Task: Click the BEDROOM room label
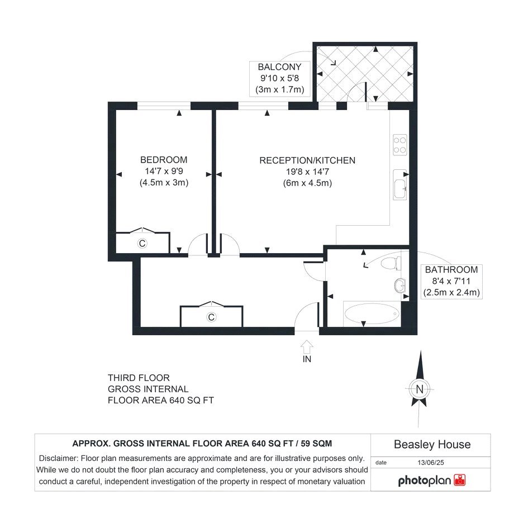point(164,160)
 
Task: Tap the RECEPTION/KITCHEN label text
point(307,160)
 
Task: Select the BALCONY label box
point(279,78)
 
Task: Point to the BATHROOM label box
point(451,281)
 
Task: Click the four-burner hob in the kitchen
point(400,145)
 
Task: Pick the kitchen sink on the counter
point(401,184)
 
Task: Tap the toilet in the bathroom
point(391,263)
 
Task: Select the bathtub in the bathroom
point(372,314)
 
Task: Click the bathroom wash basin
point(399,286)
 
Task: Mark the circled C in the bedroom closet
point(142,243)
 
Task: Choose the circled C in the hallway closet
point(211,317)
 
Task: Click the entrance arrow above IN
point(307,346)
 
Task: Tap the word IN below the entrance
point(307,359)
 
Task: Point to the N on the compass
point(420,389)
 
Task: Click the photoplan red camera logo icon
point(460,480)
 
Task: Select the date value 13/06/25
point(431,463)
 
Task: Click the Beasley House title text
point(432,445)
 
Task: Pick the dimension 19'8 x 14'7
point(307,172)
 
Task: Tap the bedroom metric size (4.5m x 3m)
point(164,183)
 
